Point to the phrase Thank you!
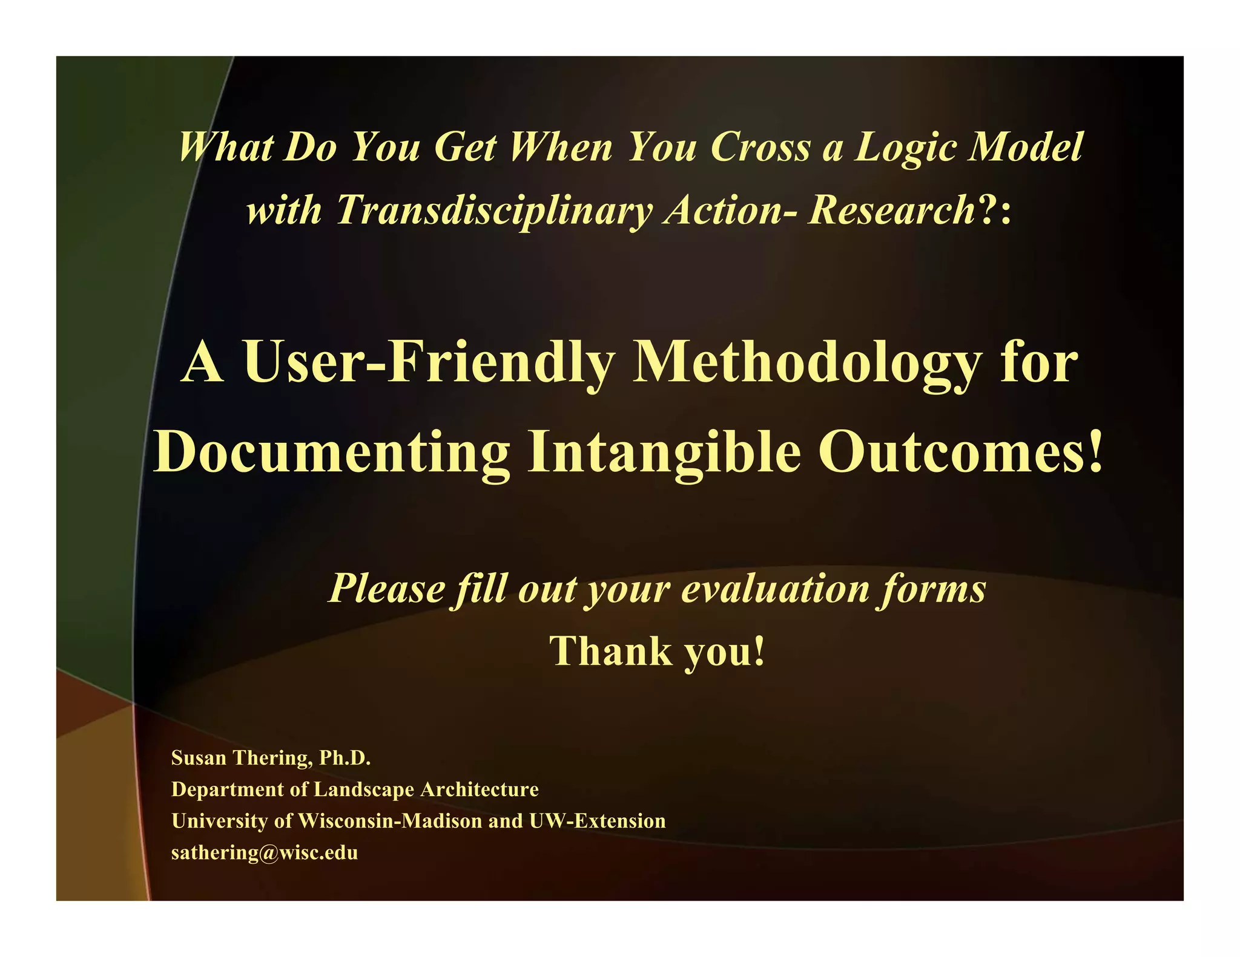click(x=658, y=651)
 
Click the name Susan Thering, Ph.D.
click(x=271, y=757)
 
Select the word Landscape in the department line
click(x=364, y=789)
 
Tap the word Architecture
click(x=480, y=789)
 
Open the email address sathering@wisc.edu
click(x=265, y=853)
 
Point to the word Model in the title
click(x=1025, y=147)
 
